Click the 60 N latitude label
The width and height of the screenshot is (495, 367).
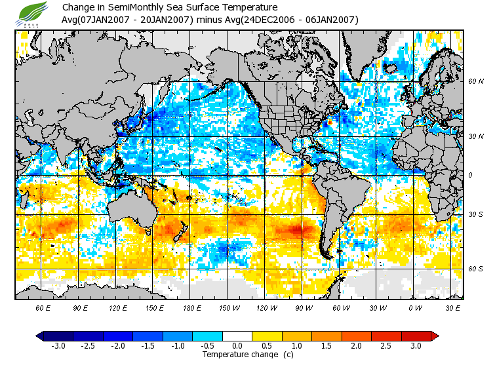[x=475, y=82]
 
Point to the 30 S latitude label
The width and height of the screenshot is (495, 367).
[x=475, y=214]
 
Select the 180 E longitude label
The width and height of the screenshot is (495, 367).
[x=192, y=307]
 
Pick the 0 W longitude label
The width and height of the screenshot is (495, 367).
[x=414, y=307]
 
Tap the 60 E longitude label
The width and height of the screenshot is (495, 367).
[x=43, y=307]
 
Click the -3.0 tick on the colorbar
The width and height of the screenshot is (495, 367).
[x=58, y=345]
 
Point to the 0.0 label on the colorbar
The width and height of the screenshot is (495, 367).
[x=237, y=345]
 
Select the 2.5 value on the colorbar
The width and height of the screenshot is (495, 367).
[x=386, y=345]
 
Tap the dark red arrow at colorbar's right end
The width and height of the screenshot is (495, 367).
[x=435, y=336]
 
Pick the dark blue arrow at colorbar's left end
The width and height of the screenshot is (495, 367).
[x=40, y=336]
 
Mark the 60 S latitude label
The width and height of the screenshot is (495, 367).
[x=475, y=269]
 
